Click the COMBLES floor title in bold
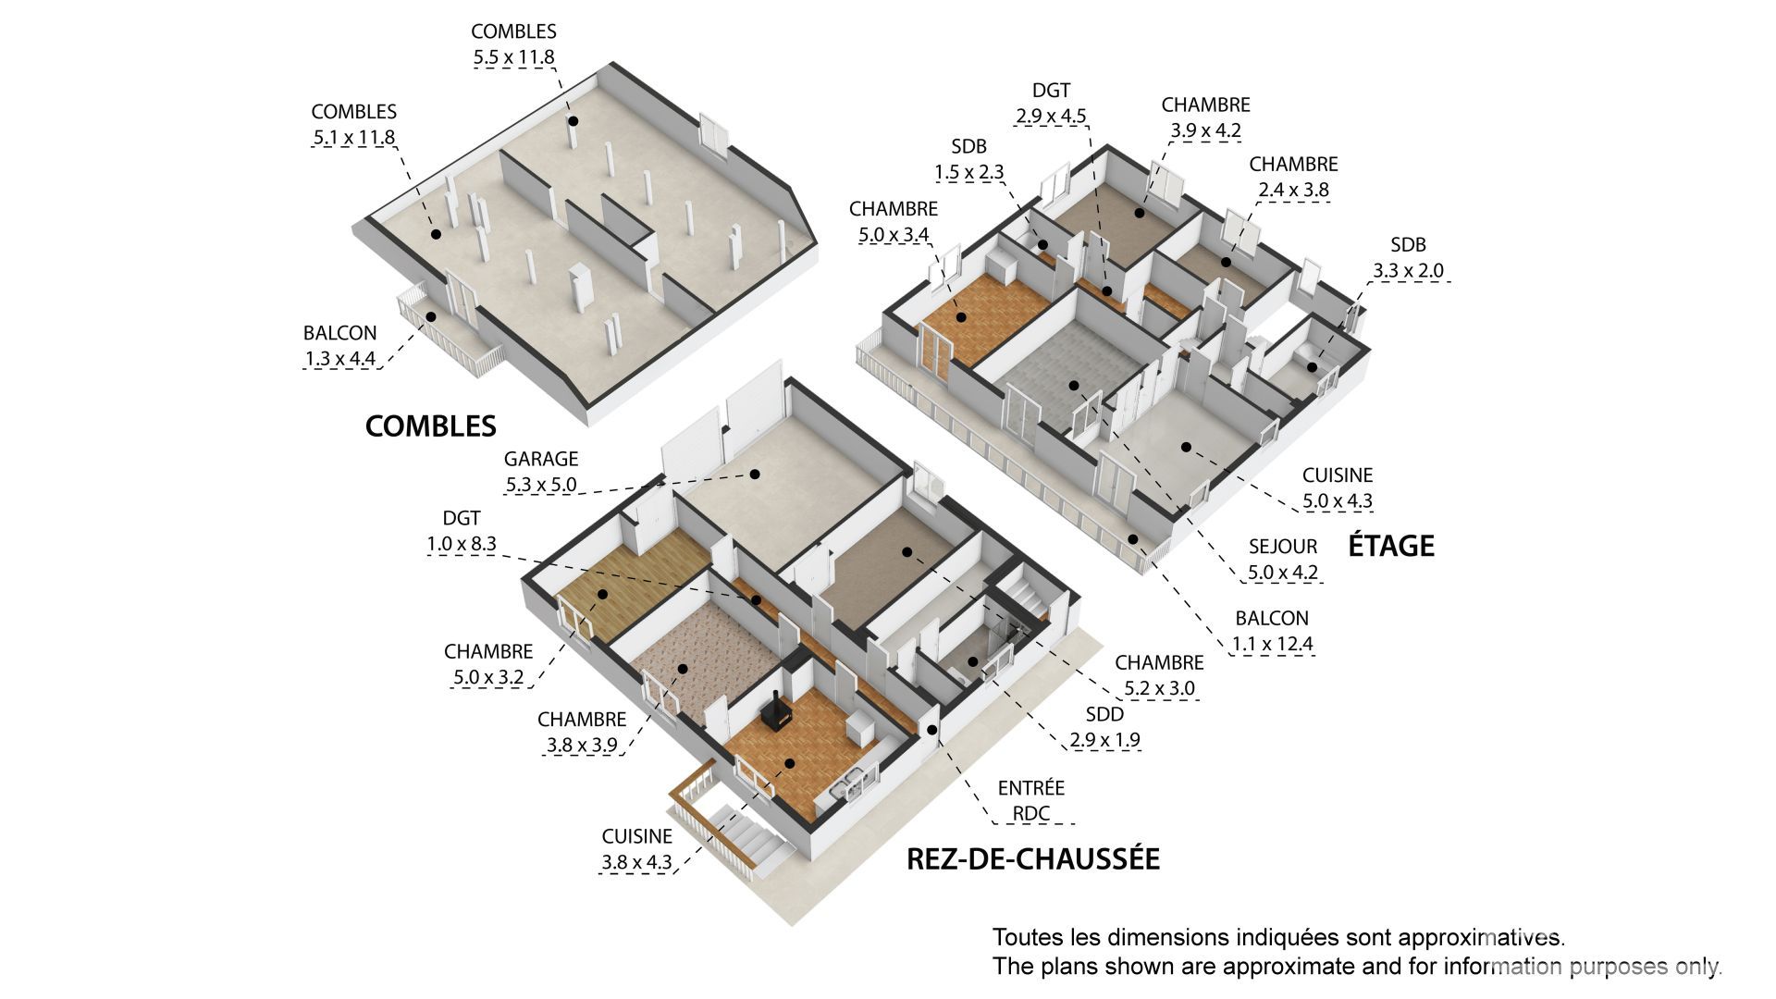tap(430, 425)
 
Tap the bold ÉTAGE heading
tap(1391, 545)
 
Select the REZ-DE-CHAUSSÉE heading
tap(1033, 858)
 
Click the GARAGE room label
tap(541, 459)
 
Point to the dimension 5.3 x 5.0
tap(541, 485)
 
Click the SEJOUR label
tap(1282, 547)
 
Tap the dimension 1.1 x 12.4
tap(1272, 645)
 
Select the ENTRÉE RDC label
tap(1030, 801)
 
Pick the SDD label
tap(1105, 714)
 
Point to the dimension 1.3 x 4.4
tap(339, 359)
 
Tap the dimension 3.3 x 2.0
tap(1408, 271)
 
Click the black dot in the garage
tap(755, 474)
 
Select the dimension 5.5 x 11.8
tap(513, 57)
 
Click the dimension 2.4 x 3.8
tap(1293, 191)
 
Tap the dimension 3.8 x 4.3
tap(636, 863)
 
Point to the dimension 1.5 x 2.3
tap(968, 172)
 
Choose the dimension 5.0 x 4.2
tap(1282, 573)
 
